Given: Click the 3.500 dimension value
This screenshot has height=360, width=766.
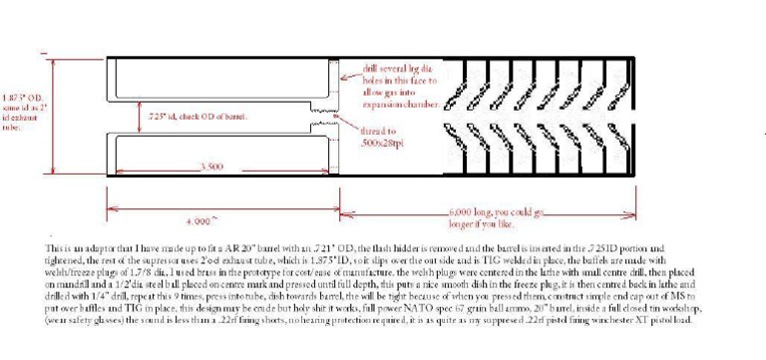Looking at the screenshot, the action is pos(211,167).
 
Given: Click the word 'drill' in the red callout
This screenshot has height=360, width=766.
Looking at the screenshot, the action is pos(372,63).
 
